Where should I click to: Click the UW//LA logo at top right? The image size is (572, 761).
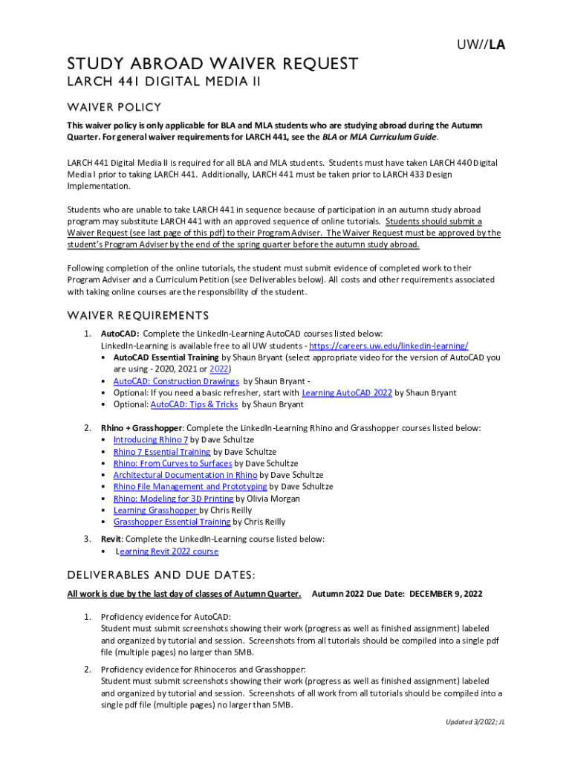click(x=481, y=45)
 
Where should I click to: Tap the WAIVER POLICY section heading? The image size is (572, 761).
click(x=114, y=107)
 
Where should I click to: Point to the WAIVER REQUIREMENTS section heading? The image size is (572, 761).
click(x=137, y=316)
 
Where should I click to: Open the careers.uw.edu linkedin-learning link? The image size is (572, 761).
click(x=388, y=346)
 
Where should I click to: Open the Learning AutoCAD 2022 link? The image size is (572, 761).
click(x=347, y=392)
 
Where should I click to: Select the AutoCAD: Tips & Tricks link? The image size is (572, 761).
click(x=194, y=404)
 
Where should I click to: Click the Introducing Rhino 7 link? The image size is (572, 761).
click(x=151, y=440)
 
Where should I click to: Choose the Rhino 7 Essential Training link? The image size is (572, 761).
click(x=162, y=452)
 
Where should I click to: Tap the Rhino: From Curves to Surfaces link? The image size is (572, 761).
click(x=172, y=464)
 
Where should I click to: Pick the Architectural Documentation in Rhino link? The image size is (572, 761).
click(x=185, y=475)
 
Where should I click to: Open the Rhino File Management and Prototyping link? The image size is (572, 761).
click(x=189, y=487)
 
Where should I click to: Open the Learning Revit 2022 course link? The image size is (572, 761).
click(x=166, y=551)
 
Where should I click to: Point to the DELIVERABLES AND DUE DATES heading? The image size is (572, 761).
click(x=161, y=575)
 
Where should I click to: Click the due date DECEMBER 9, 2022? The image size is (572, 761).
click(x=446, y=594)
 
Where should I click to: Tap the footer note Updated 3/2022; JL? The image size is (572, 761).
click(x=475, y=722)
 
